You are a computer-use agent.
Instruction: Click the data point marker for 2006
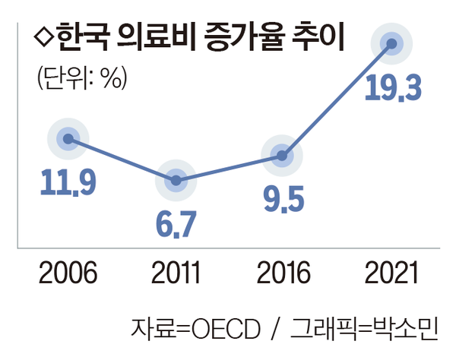[x=68, y=138]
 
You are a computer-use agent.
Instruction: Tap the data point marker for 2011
[x=176, y=180]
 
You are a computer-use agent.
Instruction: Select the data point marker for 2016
[x=283, y=156]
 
